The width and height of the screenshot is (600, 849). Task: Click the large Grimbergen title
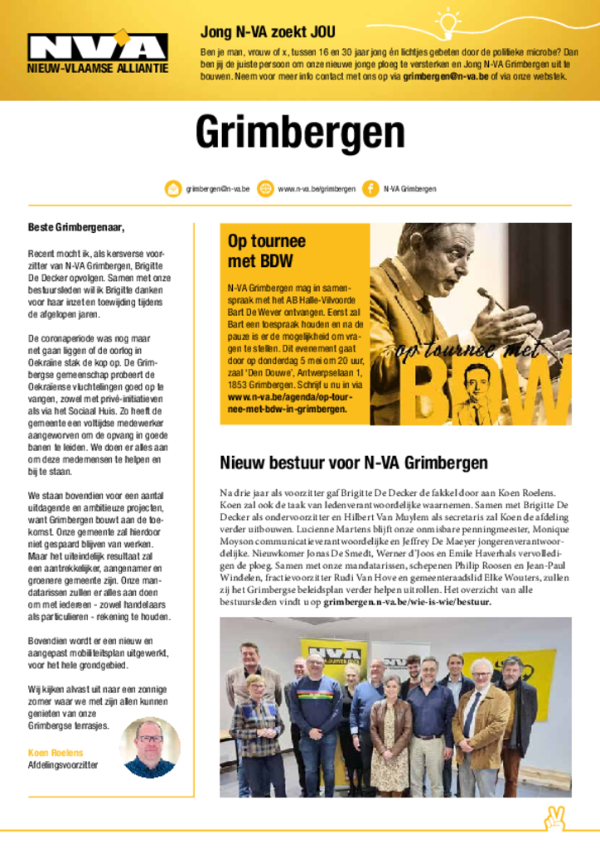[x=300, y=133]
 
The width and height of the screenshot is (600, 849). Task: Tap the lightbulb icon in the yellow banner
[x=448, y=22]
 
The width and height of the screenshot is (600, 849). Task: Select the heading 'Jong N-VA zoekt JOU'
[x=268, y=32]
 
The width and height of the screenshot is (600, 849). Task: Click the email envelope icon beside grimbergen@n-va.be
[x=173, y=189]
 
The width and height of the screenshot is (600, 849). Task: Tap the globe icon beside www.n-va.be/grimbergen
[x=265, y=189]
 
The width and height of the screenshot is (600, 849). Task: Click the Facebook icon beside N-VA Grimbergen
[x=370, y=189]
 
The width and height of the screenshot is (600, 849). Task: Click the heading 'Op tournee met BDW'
[x=267, y=251]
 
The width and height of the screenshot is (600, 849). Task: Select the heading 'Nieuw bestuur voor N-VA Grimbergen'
[x=353, y=463]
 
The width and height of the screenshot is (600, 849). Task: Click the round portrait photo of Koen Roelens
[x=149, y=747]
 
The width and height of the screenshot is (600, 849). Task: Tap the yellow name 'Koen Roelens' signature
[x=56, y=753]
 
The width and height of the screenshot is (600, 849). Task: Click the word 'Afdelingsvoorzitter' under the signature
[x=63, y=765]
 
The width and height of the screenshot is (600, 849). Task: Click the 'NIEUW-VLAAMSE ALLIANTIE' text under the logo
[x=98, y=67]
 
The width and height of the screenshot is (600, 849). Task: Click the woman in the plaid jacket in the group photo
[x=256, y=721]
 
